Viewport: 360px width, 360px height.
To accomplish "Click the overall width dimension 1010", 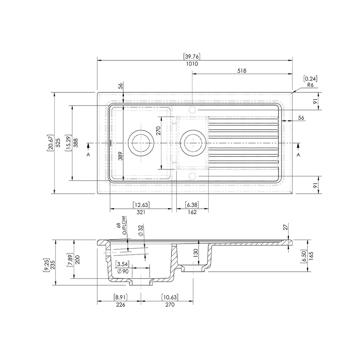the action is coord(192,64).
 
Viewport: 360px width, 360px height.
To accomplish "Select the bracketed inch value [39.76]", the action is coord(192,56).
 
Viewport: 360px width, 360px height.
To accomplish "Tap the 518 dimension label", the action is coord(242,71).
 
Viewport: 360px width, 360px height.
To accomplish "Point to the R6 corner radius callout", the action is coord(310,85).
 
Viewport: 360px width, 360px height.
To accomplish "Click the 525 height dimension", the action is coord(58,143).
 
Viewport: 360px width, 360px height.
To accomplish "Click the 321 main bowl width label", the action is coord(141,212).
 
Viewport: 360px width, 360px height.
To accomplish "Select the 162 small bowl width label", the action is coord(192,212).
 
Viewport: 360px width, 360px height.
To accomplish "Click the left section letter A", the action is coord(88,155).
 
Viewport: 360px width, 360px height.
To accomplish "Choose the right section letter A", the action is coord(298,155).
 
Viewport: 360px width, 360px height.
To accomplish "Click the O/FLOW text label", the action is coord(124,225).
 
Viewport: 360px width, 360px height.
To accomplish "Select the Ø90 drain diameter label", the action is coord(123,271).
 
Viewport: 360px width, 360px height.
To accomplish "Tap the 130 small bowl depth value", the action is coord(195,253).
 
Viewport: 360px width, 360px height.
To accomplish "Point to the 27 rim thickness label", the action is coord(285,227).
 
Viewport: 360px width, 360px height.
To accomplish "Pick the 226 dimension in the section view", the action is coord(121,305).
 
